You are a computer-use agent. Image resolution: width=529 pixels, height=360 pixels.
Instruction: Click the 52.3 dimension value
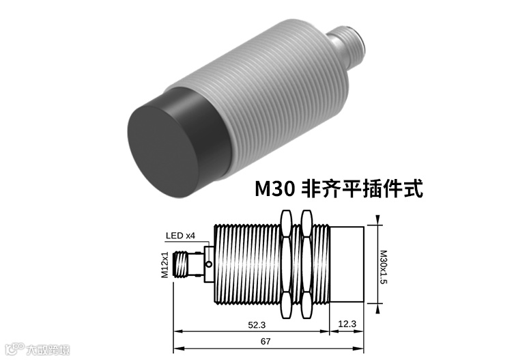click(x=257, y=325)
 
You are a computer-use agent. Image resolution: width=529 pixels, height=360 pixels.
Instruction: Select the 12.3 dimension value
click(x=347, y=324)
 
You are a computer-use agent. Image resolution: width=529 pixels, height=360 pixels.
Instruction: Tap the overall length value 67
click(x=266, y=342)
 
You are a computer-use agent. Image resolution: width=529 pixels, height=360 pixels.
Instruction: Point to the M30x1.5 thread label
click(x=383, y=267)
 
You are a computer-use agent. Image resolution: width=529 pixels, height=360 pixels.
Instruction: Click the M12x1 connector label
click(x=165, y=265)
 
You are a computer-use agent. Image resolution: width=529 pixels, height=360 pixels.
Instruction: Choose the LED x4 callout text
click(x=180, y=236)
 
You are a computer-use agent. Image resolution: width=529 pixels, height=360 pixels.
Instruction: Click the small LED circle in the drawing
click(x=209, y=264)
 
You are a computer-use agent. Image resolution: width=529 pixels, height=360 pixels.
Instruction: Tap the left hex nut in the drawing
click(x=286, y=264)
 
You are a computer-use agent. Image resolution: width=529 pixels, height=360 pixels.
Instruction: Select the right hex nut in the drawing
click(x=307, y=264)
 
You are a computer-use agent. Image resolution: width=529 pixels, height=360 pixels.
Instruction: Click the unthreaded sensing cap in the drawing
click(x=347, y=264)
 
